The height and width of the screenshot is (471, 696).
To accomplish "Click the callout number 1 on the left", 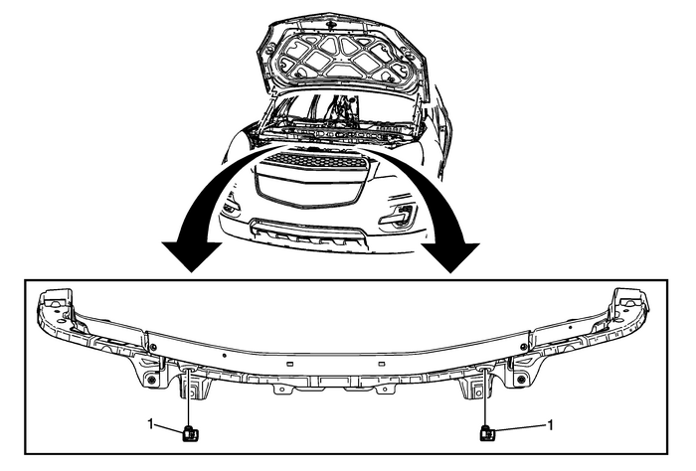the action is pos(150,424).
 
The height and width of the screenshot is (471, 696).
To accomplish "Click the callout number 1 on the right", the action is pos(551,425).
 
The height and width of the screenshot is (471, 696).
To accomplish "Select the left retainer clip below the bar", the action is pos(191,433).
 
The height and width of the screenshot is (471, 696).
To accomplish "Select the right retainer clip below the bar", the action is pos(487,433).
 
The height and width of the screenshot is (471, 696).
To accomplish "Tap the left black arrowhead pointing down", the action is pos(192,256).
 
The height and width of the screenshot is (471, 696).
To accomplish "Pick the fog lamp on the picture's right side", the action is pos(398,215).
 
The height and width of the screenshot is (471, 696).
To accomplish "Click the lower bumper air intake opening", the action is pos(307,232).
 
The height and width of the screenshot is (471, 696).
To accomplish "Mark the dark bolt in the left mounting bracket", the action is pos(152,381).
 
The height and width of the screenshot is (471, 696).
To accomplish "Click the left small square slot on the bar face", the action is pos(290,364).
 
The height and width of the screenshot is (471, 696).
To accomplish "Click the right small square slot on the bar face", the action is pos(381,364).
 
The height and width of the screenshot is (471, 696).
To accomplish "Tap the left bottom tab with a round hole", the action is pos(281,389).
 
